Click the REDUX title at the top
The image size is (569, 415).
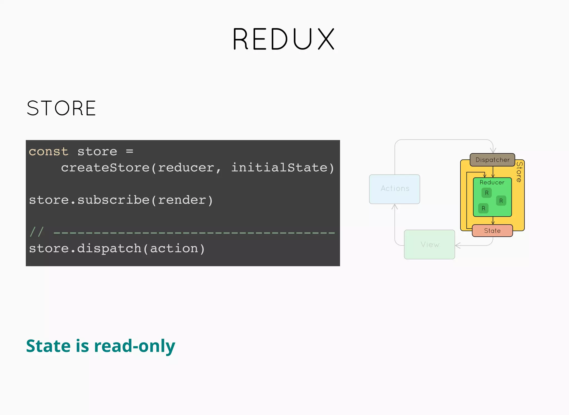coord(284,39)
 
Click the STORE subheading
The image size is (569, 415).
coord(61,108)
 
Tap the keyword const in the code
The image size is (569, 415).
coord(49,152)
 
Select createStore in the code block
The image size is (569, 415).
coord(105,168)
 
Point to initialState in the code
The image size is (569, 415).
coord(279,168)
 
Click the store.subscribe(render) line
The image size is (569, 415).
coord(121,200)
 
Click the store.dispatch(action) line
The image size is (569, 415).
coord(117,248)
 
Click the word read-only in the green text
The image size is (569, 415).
coord(134,346)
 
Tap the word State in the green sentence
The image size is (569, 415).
coord(48,346)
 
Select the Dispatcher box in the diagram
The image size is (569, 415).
coord(492,160)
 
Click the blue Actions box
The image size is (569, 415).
coord(395,189)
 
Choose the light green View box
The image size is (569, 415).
coord(430,244)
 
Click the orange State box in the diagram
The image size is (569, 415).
coord(492,231)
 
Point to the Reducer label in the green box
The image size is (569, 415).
coord(492,182)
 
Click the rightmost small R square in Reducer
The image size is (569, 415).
coord(501,201)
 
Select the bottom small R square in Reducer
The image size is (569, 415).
coord(483,208)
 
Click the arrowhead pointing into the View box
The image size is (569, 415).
coord(457,246)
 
